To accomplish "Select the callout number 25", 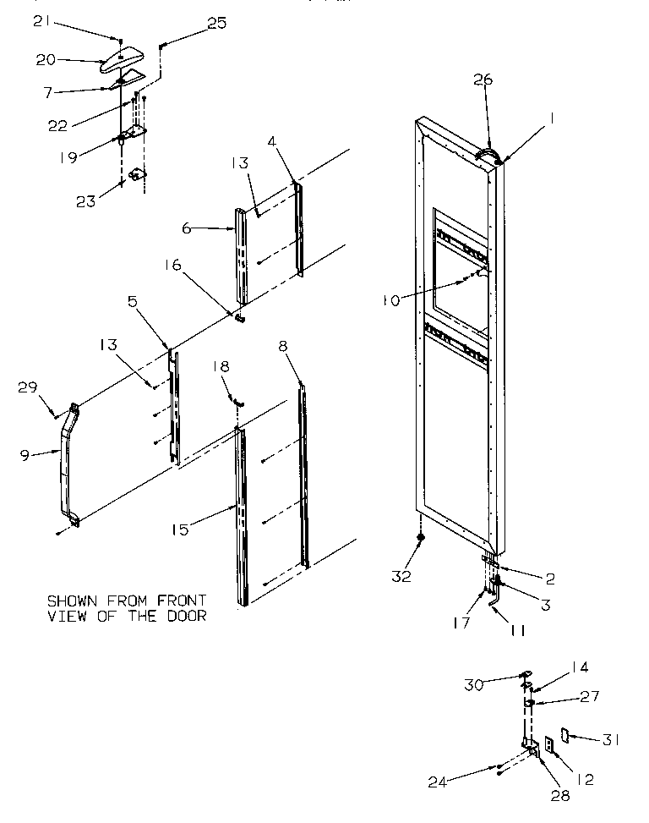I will pos(216,24).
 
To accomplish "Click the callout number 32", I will pos(401,576).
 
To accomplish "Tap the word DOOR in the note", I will pos(188,616).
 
